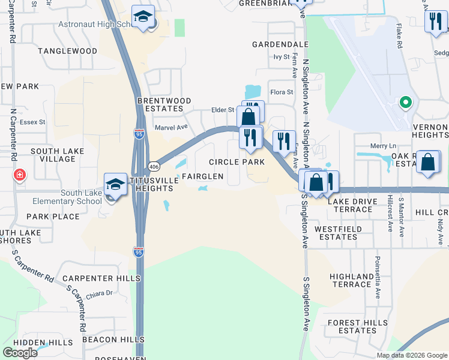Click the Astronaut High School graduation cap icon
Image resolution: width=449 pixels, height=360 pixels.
coord(143,18)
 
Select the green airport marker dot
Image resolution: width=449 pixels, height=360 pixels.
coord(406,103)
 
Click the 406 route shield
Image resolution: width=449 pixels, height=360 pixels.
coord(154,166)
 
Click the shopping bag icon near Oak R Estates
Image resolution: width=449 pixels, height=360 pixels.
coord(429,162)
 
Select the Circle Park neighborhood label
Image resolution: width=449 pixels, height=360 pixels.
coord(237,162)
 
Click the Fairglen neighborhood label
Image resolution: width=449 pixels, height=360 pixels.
coord(202,176)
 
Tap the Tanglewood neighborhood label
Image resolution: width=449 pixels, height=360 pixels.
coord(67,51)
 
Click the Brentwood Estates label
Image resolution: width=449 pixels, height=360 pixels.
coord(164,105)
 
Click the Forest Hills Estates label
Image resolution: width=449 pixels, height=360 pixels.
coord(357,326)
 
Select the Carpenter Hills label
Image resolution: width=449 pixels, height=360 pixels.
coord(101,278)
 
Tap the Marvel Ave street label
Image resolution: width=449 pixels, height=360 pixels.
coord(171,127)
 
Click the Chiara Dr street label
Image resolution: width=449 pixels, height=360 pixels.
coord(101,293)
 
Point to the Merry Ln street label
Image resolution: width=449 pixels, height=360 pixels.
coord(384,146)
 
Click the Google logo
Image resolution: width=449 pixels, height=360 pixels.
coord(20,352)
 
